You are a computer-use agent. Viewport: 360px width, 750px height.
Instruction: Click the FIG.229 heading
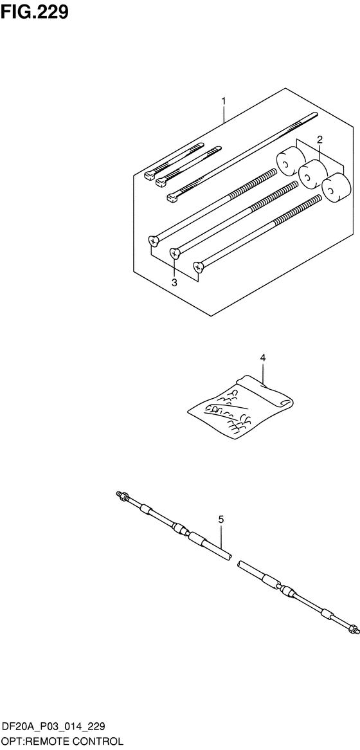point(35,12)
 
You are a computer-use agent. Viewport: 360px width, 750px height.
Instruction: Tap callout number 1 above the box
point(223,101)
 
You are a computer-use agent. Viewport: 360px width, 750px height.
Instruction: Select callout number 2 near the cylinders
point(319,140)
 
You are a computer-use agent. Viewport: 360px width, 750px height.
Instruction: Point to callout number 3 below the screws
point(174,282)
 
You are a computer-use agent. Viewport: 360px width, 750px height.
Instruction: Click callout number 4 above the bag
point(262,357)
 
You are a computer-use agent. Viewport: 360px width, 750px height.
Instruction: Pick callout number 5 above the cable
point(221,519)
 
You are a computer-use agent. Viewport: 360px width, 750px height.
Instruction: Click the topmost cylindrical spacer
point(290,163)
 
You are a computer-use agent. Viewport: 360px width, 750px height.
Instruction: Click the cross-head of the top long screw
point(154,241)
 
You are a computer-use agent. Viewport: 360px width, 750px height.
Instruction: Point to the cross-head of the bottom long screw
point(199,266)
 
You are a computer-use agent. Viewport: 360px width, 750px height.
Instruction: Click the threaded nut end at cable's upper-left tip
point(121,495)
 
